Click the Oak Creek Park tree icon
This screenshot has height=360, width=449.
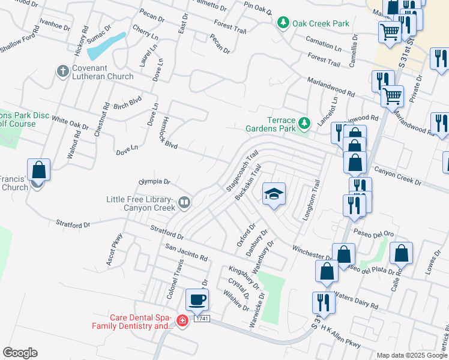pos(283,23)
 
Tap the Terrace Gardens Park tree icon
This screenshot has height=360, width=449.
pos(304,124)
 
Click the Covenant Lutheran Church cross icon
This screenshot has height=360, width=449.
pos(63,72)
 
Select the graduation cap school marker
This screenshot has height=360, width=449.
pos(274,194)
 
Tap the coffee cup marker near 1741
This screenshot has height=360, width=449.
pos(197,299)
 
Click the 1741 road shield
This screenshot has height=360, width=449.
pos(202,319)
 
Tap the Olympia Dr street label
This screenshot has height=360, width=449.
pos(155,181)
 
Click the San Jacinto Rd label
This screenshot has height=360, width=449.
pos(186,253)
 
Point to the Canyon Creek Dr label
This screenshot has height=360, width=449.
pos(398,176)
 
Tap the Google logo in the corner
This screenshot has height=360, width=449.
pos(20,353)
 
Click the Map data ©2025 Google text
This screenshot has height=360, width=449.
pos(412,355)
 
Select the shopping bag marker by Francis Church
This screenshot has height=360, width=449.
pos(39,170)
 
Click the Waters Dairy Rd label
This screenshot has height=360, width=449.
pos(356,301)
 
